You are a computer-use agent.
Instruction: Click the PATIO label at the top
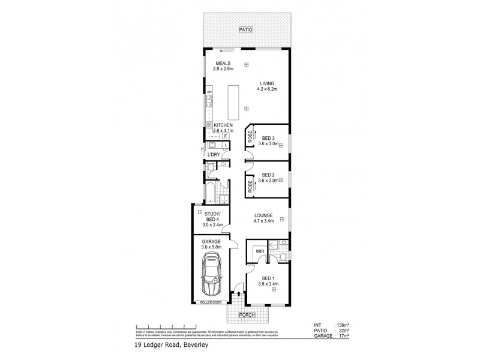click(245, 29)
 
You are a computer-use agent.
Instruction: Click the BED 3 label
click(269, 137)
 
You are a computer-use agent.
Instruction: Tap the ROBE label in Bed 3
click(250, 137)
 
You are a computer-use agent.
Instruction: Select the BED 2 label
click(269, 175)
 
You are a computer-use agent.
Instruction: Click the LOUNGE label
click(264, 215)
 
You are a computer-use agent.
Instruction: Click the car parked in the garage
click(213, 275)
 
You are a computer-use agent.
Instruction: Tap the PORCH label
click(245, 315)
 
